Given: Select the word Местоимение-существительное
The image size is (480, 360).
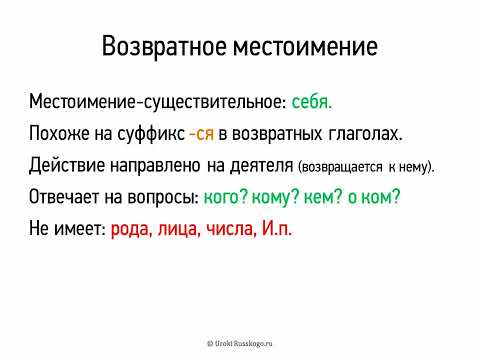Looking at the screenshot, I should (158, 102).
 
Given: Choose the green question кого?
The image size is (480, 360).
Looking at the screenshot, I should (226, 196).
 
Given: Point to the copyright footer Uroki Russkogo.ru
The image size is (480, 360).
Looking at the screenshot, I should (240, 341).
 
